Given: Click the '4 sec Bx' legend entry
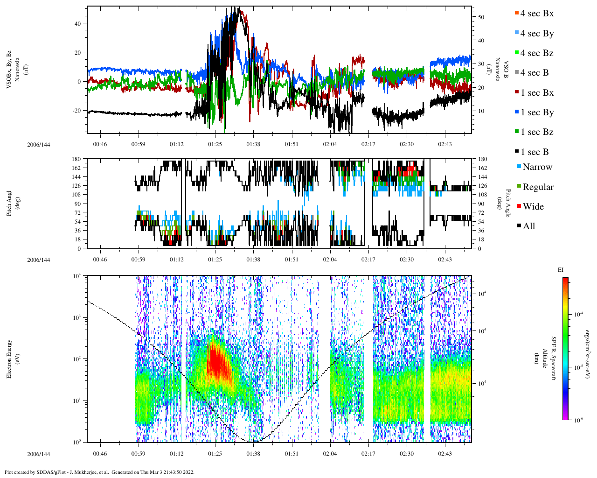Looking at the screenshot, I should coord(536,14).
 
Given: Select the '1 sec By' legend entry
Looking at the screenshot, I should coord(537,112).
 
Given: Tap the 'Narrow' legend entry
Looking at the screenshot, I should coord(537,167).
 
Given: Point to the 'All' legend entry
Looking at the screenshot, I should coord(528,226).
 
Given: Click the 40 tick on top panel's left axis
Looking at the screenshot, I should coord(78,23).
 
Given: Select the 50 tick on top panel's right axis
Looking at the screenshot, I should coord(481,17).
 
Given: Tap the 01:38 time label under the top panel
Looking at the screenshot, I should coord(253,144).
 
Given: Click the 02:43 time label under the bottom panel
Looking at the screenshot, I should coord(444,454).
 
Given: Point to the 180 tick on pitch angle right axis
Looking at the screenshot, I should coord(482,159).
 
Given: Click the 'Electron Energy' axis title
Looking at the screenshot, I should coord(9,359).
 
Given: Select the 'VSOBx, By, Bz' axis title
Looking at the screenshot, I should coord(9,70).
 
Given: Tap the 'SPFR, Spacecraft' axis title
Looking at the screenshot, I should coord(554,358).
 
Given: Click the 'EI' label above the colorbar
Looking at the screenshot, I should coord(561,270).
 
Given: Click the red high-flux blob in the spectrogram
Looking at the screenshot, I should coord(217,364).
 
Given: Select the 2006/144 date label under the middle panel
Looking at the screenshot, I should coord(38,260).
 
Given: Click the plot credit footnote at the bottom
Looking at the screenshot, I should coord(99,472).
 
